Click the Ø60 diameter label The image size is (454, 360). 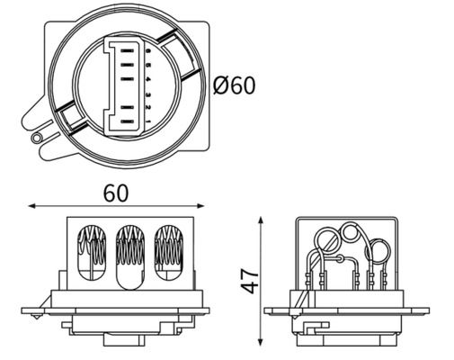coord(235,85)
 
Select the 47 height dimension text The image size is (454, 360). coord(250,280)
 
